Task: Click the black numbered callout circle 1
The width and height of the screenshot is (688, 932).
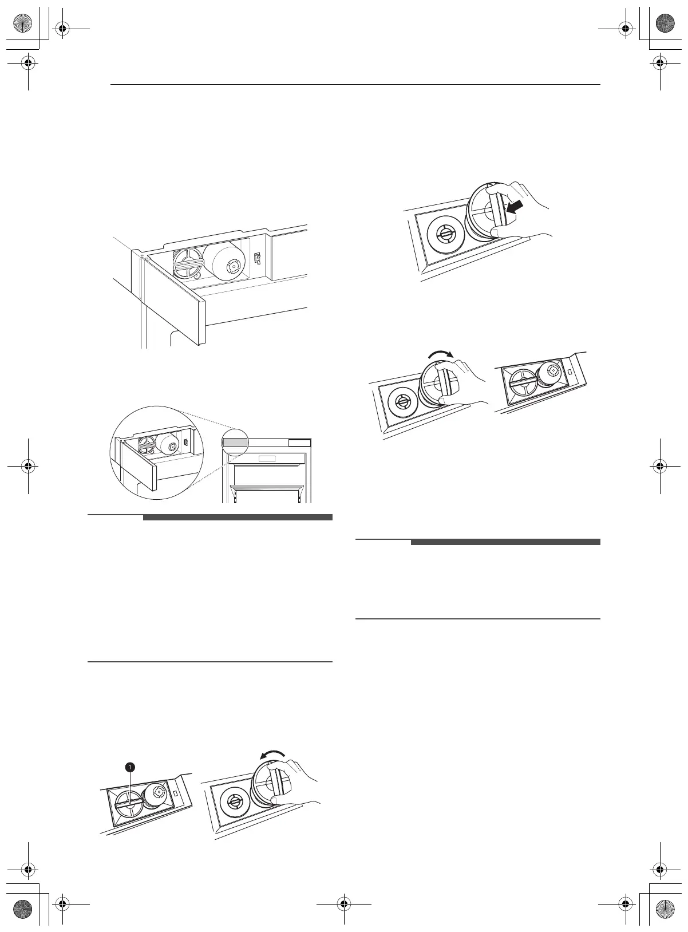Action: (x=130, y=766)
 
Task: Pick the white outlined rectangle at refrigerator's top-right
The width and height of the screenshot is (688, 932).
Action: (x=299, y=443)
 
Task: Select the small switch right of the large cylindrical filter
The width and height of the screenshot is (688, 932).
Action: (x=257, y=259)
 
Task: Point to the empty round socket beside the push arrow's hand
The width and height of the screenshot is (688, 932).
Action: (x=444, y=234)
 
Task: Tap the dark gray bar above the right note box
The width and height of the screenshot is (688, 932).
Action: (x=505, y=542)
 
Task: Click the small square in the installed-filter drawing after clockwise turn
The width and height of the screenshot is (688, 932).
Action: (x=570, y=372)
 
